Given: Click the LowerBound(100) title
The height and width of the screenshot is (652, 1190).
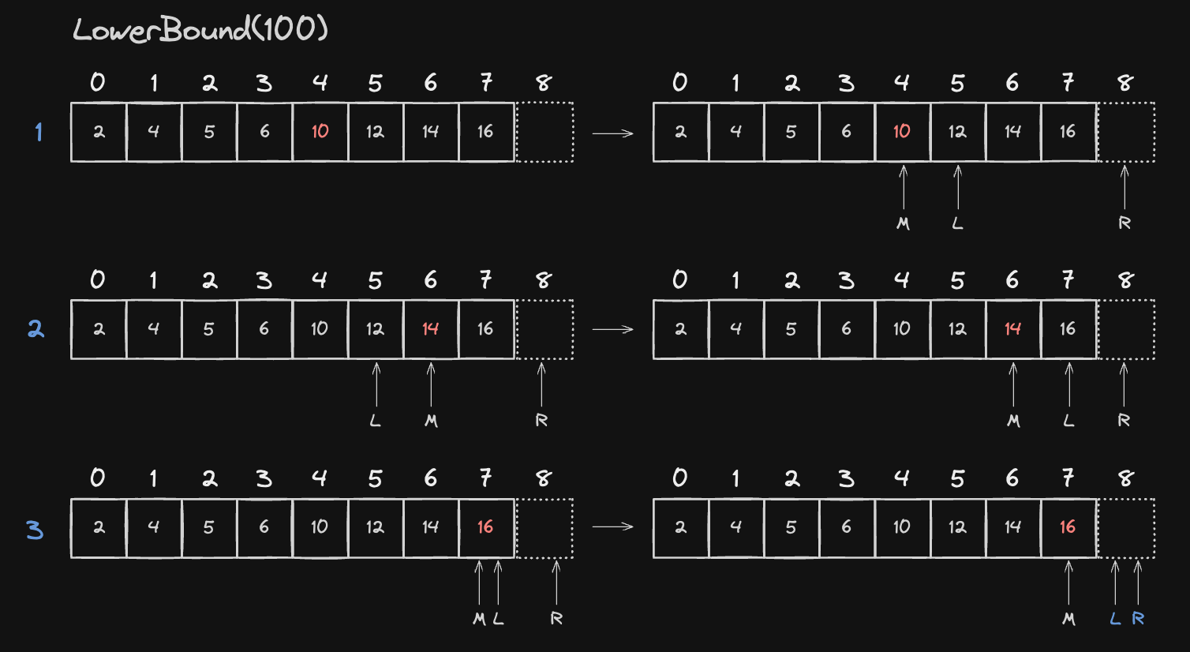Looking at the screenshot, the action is [x=200, y=30].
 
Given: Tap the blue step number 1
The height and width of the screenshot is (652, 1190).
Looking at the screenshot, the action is [x=39, y=132].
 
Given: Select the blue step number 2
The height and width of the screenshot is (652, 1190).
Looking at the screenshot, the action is [x=36, y=329].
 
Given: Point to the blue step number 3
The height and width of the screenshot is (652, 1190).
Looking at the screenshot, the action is [x=35, y=530].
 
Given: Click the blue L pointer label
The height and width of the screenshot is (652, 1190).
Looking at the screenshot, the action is [x=1115, y=618].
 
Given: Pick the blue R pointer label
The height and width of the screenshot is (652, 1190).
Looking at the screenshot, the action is [x=1138, y=618].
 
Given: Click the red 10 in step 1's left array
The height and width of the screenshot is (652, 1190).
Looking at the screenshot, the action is [x=320, y=131].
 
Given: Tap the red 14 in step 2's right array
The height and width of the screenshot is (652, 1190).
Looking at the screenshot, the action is [x=1012, y=329].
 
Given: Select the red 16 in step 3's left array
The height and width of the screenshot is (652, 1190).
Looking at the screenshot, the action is [x=485, y=526].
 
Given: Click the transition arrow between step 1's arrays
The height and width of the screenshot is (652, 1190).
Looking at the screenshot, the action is [x=612, y=133].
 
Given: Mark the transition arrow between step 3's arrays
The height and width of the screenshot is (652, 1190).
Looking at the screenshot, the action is [x=612, y=526].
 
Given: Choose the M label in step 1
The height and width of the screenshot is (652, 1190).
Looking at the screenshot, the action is [x=903, y=223].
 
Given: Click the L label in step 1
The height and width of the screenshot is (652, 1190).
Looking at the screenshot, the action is [x=957, y=223].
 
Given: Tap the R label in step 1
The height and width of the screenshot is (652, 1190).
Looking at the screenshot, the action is [x=1125, y=223].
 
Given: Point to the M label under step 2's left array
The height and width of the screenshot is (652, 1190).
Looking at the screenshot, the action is [x=431, y=421].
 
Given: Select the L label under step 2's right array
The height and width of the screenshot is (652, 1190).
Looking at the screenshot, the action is [x=1068, y=421].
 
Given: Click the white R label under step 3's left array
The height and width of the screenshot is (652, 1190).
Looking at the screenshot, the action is [x=556, y=618].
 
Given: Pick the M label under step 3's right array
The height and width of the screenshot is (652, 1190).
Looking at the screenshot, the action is [x=1069, y=619].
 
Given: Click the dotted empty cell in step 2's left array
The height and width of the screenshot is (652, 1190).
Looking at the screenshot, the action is [x=544, y=329].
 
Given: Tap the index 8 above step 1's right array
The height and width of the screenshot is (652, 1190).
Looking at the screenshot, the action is [x=1125, y=83].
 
